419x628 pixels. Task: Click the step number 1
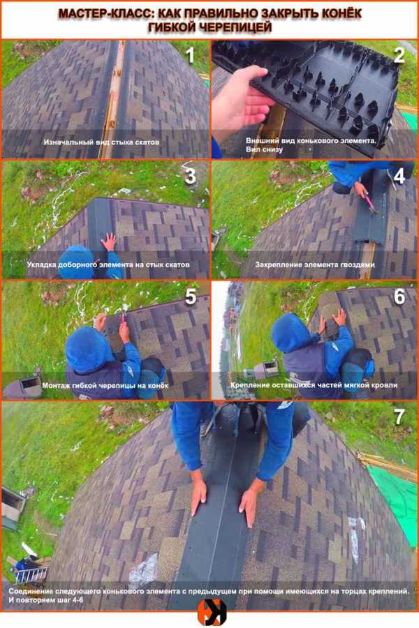click(191, 55)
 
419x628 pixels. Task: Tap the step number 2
click(399, 55)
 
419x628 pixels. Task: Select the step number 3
click(191, 177)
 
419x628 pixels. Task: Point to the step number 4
click(399, 177)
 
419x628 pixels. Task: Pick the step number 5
click(191, 297)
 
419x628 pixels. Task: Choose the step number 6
click(399, 297)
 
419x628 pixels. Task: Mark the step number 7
click(399, 417)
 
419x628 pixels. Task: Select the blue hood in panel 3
click(76, 262)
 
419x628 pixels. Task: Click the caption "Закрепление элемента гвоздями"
click(315, 264)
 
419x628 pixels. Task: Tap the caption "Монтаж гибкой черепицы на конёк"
click(105, 386)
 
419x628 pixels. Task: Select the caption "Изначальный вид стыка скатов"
click(101, 142)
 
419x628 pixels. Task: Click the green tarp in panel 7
click(396, 500)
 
